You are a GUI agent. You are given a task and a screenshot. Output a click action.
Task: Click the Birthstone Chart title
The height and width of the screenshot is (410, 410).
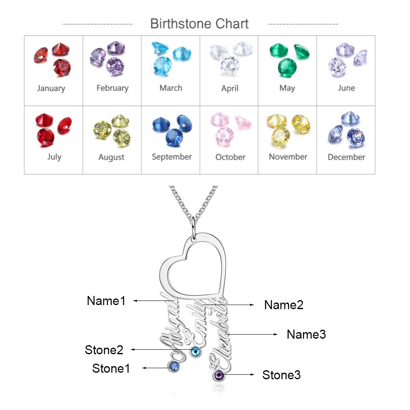[199, 23]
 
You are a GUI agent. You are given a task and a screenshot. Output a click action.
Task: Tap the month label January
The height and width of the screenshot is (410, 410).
[51, 88]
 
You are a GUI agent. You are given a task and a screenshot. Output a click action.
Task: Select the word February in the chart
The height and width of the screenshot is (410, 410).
[112, 88]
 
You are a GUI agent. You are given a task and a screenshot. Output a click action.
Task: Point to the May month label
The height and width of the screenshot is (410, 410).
[287, 88]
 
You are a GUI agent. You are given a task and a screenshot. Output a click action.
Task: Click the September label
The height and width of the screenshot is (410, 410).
[171, 157]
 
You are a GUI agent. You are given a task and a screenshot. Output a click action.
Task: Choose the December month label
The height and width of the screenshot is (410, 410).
[346, 157]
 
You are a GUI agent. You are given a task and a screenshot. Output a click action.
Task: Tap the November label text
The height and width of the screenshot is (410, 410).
[288, 157]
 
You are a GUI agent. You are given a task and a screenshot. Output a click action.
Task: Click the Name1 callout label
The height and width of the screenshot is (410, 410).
[106, 301]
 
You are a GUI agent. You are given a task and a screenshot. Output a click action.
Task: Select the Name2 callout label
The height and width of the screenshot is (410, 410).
[284, 305]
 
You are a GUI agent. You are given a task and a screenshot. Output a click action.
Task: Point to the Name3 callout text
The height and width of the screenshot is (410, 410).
[306, 334]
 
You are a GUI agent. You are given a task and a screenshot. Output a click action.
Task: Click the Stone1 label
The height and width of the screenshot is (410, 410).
[111, 368]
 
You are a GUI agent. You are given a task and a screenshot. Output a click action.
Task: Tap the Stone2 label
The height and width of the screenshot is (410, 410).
[104, 350]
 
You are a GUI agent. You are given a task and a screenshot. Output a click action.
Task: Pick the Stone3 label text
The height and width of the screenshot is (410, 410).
[281, 375]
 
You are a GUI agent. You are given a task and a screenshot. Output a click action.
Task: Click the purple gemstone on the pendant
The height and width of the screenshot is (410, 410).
[219, 374]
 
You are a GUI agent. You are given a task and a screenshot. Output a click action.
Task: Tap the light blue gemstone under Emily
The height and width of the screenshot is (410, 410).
[196, 351]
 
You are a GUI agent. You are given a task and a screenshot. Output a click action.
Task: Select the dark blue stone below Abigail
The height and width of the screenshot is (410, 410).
[174, 366]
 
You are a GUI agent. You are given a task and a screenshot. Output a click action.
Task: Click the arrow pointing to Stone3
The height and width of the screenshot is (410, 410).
[241, 374]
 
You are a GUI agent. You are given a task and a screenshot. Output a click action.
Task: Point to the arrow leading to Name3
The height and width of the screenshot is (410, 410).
[254, 335]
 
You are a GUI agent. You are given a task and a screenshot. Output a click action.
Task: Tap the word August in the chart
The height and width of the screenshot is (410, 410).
[111, 157]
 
